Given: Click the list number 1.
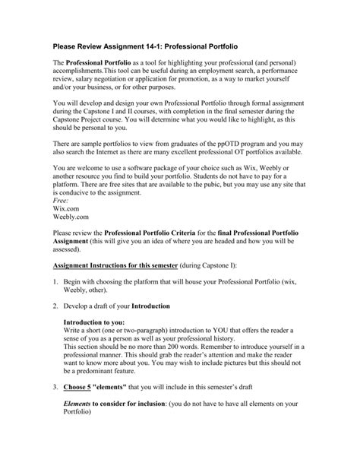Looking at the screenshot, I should [55, 303].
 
